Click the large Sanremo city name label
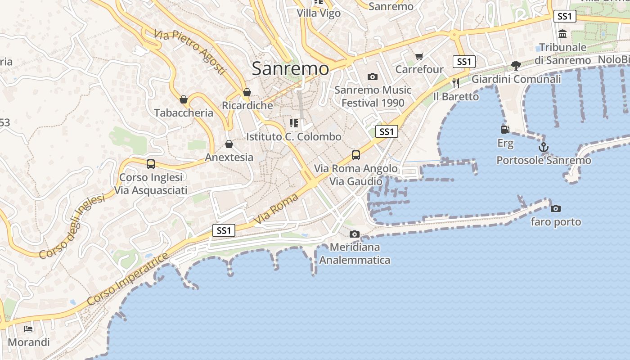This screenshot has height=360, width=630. tap(290, 68)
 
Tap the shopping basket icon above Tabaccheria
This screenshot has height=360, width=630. tap(184, 99)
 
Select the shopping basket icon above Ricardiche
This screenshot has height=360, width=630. tap(247, 93)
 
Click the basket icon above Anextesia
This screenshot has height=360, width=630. tap(229, 144)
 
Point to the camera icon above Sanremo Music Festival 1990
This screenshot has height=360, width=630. tap(372, 76)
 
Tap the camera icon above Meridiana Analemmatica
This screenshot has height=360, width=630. tap(355, 234)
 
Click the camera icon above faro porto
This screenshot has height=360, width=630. tap(556, 208)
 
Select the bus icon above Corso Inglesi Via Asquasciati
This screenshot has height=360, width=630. tap(151, 164)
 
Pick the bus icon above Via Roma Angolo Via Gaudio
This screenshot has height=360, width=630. tap(356, 155)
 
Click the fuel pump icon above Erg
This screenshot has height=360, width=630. tap(505, 130)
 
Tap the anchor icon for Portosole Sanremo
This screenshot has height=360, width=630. tap(544, 147)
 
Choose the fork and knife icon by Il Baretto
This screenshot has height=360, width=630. tap(456, 83)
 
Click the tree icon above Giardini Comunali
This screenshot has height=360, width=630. tap(516, 66)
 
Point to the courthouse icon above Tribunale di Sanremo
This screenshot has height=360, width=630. tap(562, 34)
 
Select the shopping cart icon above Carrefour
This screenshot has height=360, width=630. tap(419, 56)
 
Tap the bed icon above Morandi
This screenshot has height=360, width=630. tap(28, 328)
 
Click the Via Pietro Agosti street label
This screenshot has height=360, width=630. tap(189, 52)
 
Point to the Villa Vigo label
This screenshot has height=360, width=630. tap(319, 13)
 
